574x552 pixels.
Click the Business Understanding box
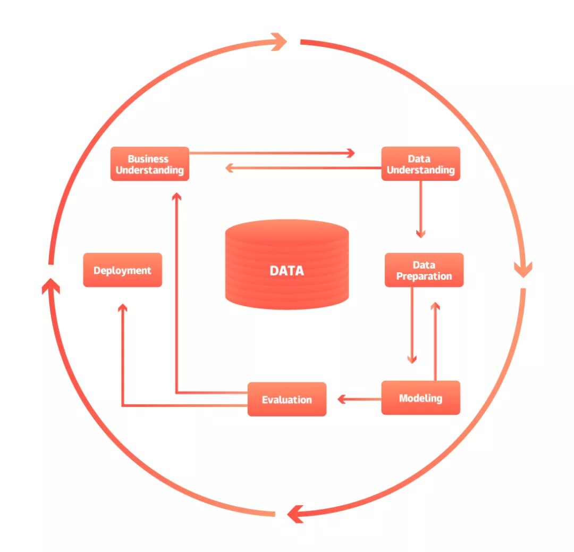pyautogui.click(x=149, y=164)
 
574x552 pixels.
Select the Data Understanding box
pyautogui.click(x=420, y=164)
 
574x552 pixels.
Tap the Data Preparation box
pyautogui.click(x=424, y=270)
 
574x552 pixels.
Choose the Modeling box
pyautogui.click(x=420, y=398)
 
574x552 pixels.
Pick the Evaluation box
pyautogui.click(x=286, y=399)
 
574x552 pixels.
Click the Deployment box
pyautogui.click(x=122, y=270)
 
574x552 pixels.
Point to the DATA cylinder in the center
pyautogui.click(x=287, y=250)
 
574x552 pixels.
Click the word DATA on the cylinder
pyautogui.click(x=287, y=271)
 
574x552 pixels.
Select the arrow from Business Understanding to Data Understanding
pyautogui.click(x=271, y=153)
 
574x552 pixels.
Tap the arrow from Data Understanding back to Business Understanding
pyautogui.click(x=303, y=168)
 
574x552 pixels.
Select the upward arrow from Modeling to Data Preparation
pyautogui.click(x=435, y=340)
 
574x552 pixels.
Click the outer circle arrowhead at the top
pyautogui.click(x=278, y=41)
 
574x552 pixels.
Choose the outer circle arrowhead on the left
pyautogui.click(x=50, y=286)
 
